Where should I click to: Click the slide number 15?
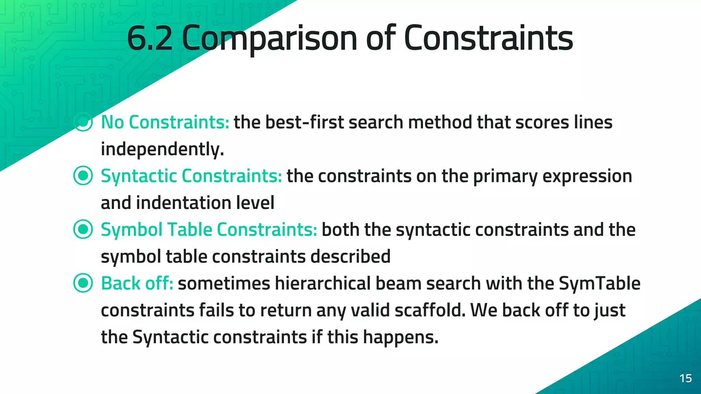pyautogui.click(x=686, y=378)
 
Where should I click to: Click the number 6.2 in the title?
pyautogui.click(x=150, y=38)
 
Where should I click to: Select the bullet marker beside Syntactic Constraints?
pyautogui.click(x=83, y=175)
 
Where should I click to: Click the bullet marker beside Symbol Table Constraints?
pyautogui.click(x=83, y=229)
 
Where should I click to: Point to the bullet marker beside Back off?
pyautogui.click(x=83, y=283)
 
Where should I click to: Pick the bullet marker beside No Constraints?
pyautogui.click(x=83, y=122)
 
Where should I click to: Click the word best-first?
pyautogui.click(x=304, y=122)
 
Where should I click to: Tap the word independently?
pyautogui.click(x=162, y=149)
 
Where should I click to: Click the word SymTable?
pyautogui.click(x=599, y=283)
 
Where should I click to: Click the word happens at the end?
pyautogui.click(x=400, y=337)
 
